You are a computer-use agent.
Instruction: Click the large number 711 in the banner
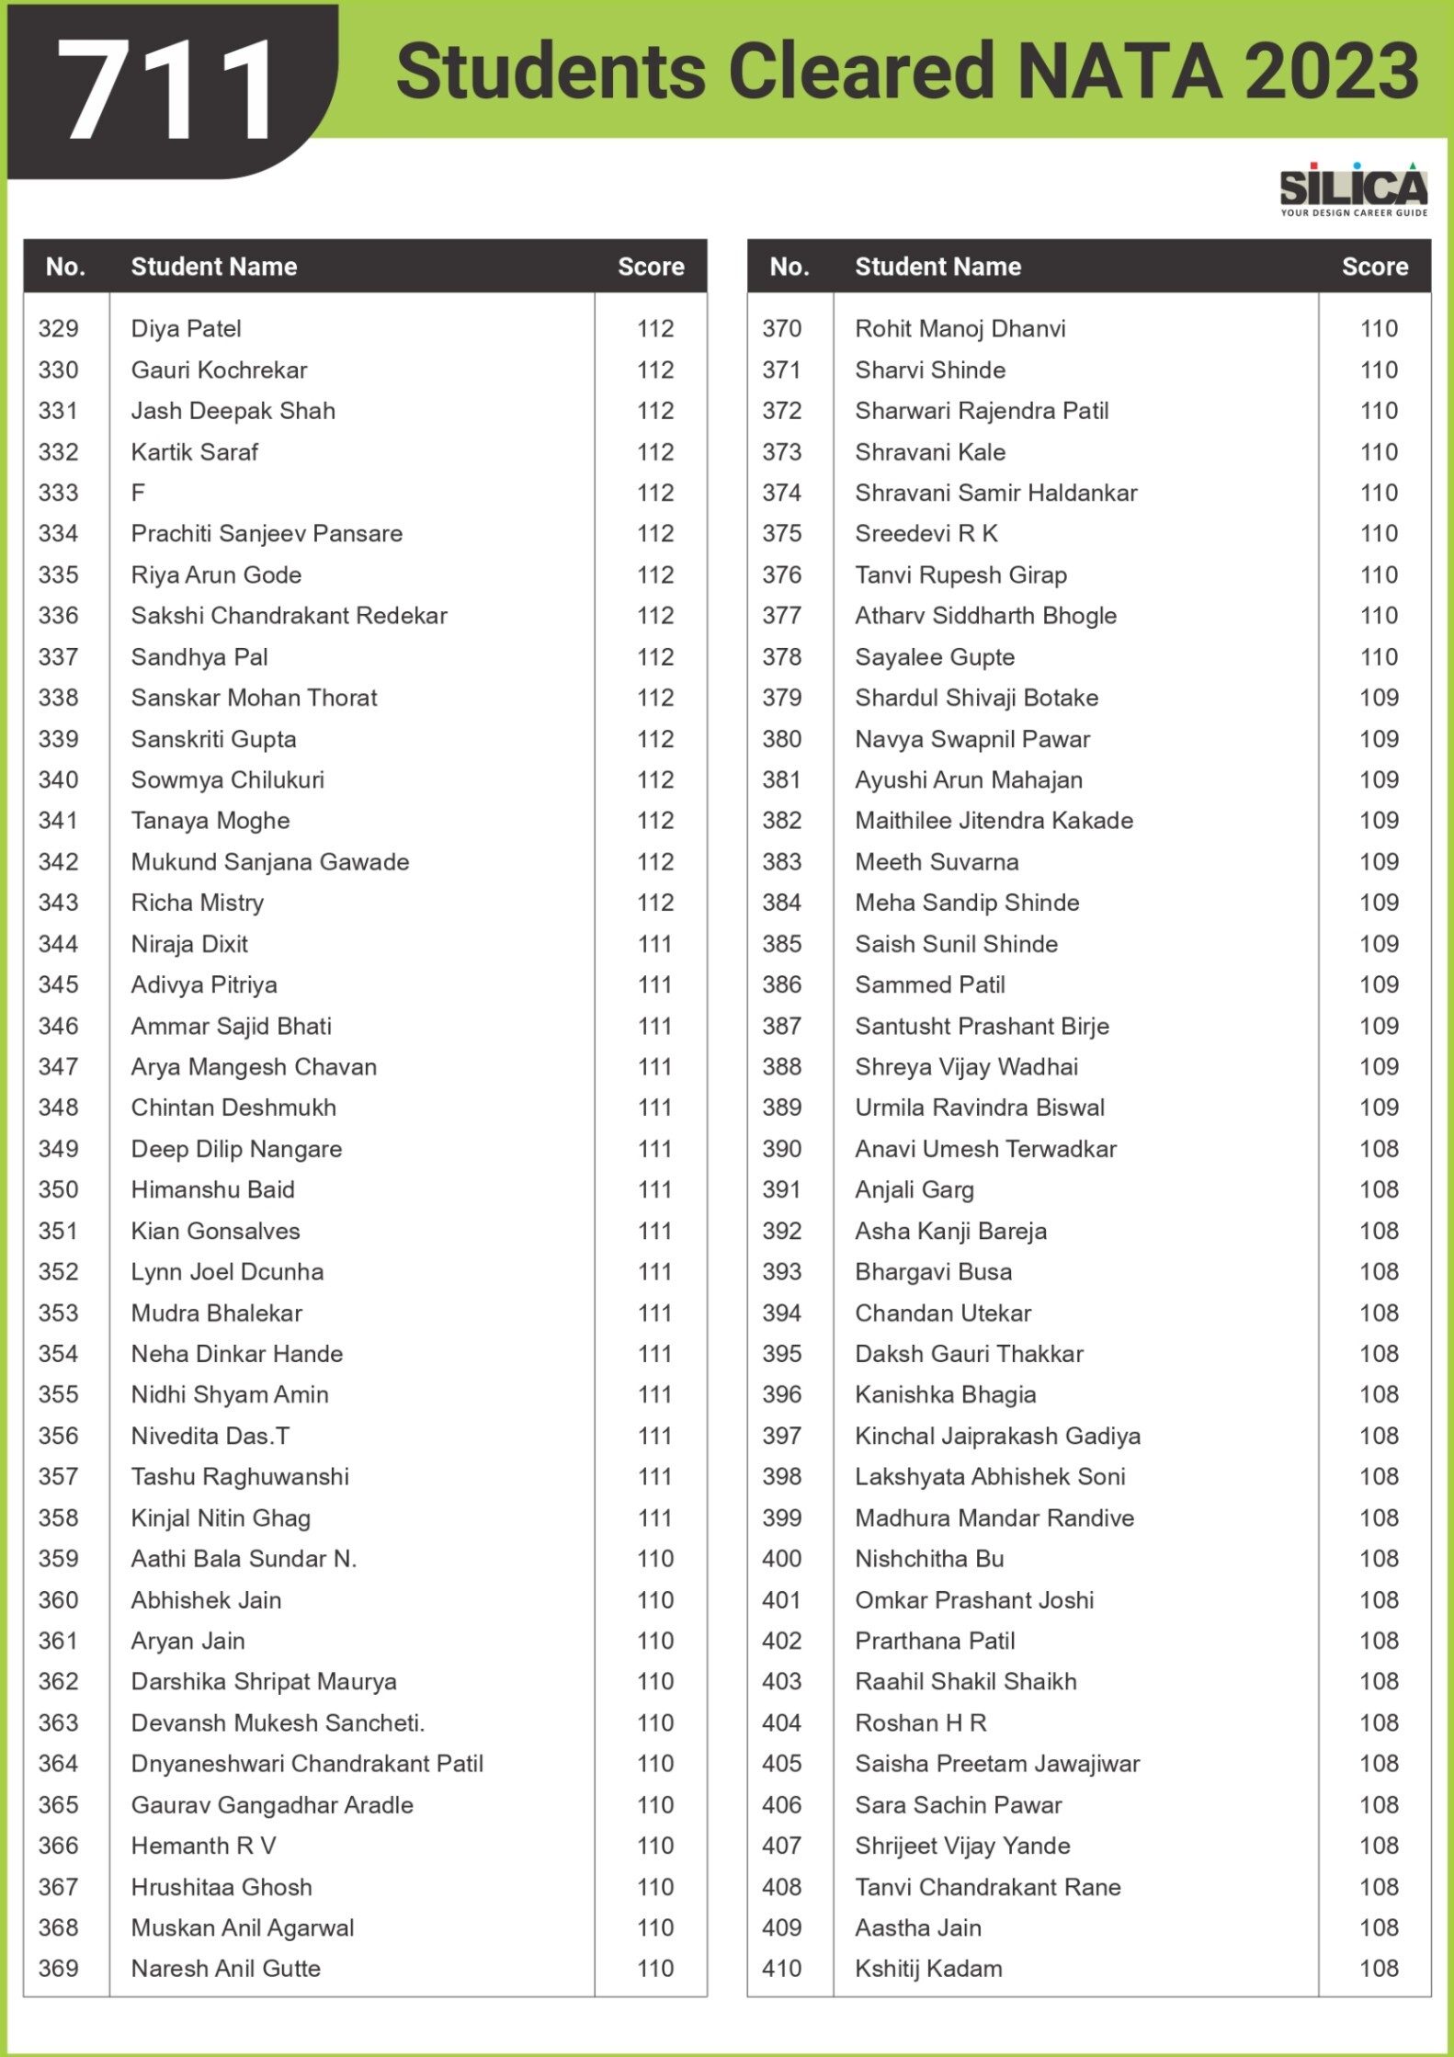170,92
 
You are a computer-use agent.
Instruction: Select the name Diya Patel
186,329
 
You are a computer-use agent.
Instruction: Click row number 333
58,493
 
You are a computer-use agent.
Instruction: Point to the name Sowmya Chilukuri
227,780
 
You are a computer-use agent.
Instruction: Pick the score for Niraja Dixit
654,944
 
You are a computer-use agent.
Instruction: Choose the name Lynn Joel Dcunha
227,1272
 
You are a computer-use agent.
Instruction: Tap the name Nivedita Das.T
210,1436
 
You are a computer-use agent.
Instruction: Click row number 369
58,1969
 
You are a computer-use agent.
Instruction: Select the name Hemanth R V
203,1846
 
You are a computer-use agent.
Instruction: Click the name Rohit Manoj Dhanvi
960,329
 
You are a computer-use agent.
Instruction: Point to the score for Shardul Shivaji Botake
1379,698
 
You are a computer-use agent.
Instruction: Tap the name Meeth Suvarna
937,862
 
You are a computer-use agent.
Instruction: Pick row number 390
781,1149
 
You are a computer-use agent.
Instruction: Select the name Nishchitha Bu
929,1559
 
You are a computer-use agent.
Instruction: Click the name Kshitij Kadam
928,1969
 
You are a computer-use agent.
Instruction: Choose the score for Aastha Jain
1379,1928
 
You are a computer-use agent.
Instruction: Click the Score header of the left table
651,267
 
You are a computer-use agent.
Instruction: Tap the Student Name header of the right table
937,267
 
